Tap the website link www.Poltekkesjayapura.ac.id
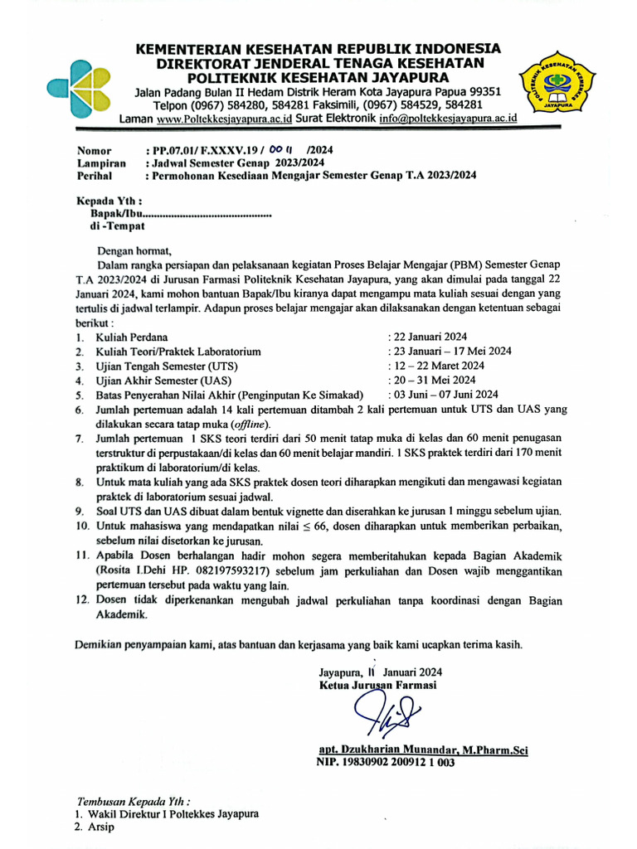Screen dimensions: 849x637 [224, 119]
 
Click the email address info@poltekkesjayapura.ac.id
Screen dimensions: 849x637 [448, 119]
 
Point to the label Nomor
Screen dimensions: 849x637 [94, 151]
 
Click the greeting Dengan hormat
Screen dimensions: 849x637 [134, 250]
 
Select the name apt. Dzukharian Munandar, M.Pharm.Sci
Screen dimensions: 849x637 [423, 750]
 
